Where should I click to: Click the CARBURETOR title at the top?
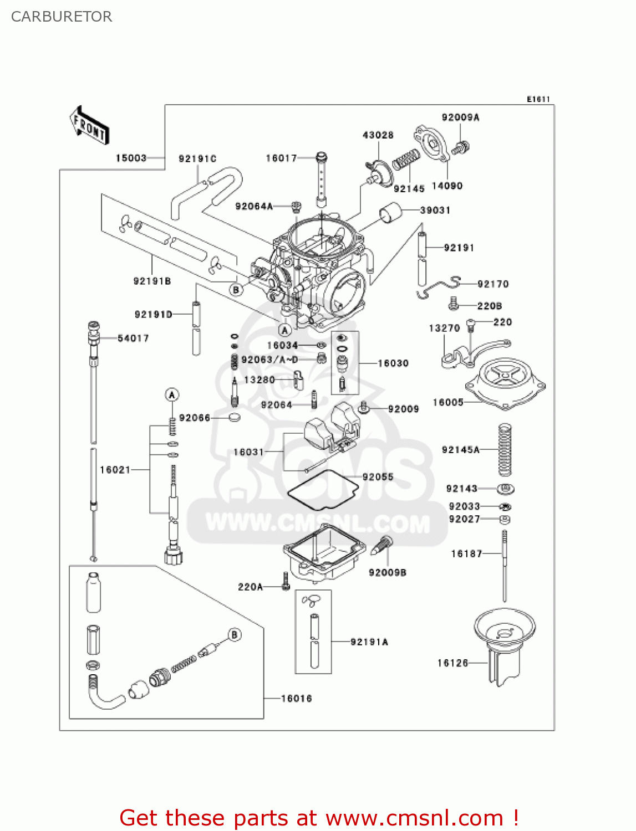pyautogui.click(x=62, y=17)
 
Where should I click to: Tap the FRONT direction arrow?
pyautogui.click(x=89, y=126)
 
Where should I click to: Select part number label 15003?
pyautogui.click(x=131, y=158)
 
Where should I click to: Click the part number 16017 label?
pyautogui.click(x=281, y=158)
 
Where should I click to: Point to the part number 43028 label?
pyautogui.click(x=378, y=135)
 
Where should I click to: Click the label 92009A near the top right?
pyautogui.click(x=460, y=117)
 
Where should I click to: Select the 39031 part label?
pyautogui.click(x=435, y=210)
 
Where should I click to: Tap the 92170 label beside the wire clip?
pyautogui.click(x=493, y=284)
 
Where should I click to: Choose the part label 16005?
pyautogui.click(x=448, y=402)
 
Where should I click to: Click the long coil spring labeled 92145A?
pyautogui.click(x=505, y=450)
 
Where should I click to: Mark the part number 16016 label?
pyautogui.click(x=296, y=699)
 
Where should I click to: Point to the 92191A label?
pyautogui.click(x=369, y=642)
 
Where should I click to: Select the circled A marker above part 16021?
pyautogui.click(x=172, y=395)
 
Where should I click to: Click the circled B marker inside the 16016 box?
pyautogui.click(x=235, y=635)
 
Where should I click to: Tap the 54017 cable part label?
pyautogui.click(x=133, y=338)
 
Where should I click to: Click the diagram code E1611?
pyautogui.click(x=538, y=99)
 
